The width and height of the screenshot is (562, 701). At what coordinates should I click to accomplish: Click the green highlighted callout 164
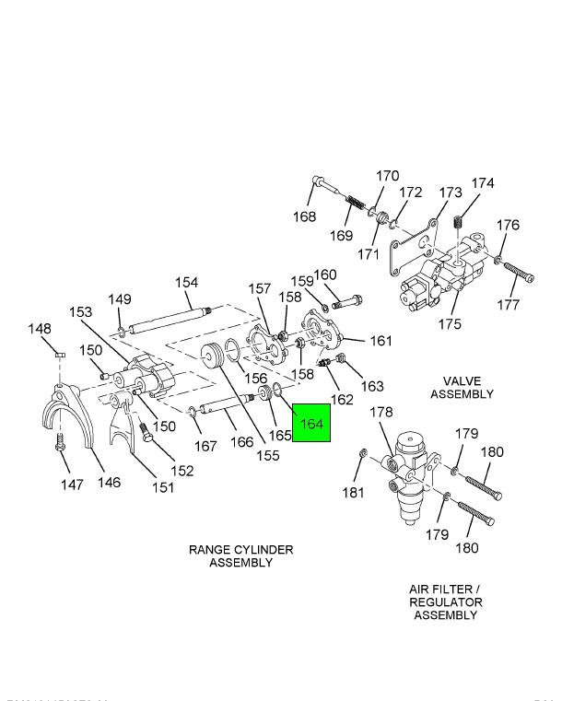tap(311, 424)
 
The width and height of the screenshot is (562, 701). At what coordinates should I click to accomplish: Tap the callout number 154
tap(187, 283)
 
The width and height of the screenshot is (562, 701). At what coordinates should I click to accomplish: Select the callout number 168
tap(304, 217)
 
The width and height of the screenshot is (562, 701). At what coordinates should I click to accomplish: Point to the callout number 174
tap(483, 183)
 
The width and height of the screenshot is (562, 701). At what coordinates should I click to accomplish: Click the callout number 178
tap(381, 412)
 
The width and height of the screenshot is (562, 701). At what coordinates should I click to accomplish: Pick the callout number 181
tap(354, 493)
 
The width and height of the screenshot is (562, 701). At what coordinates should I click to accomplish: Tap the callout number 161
tap(381, 341)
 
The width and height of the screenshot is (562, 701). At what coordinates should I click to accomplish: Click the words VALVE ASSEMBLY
tap(468, 388)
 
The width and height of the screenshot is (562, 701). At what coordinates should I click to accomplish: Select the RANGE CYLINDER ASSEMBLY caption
tap(240, 555)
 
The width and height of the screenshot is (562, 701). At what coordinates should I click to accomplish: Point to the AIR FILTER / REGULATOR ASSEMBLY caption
tap(445, 602)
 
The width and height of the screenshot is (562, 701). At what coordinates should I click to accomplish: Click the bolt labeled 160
tap(346, 300)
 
